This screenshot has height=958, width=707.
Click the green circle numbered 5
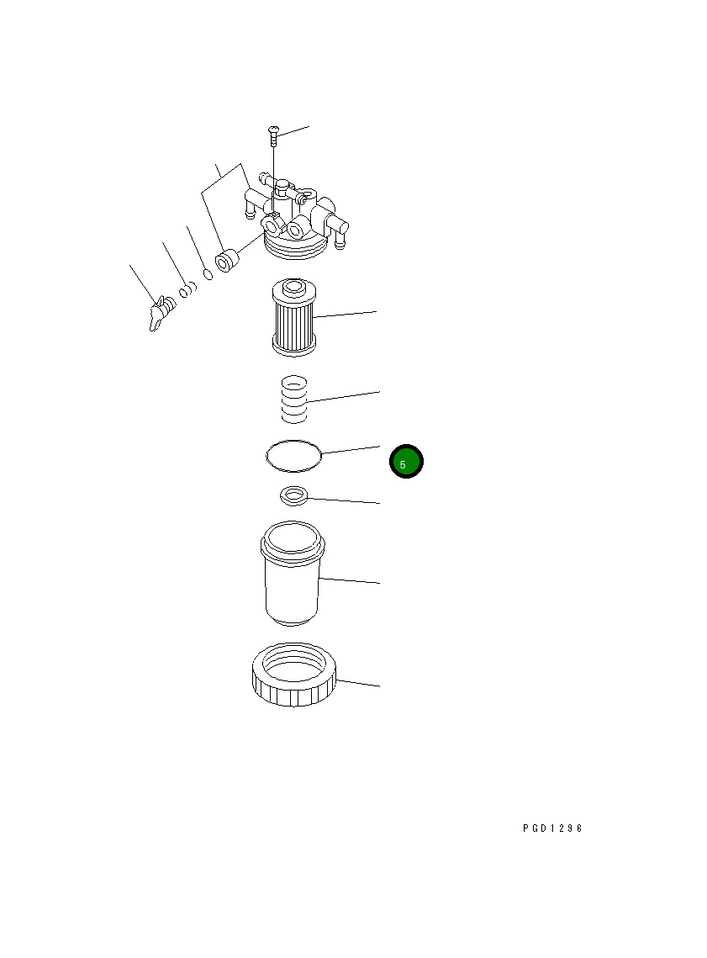click(x=406, y=462)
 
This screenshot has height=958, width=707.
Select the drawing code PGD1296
click(x=551, y=828)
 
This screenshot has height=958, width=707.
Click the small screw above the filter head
click(x=274, y=130)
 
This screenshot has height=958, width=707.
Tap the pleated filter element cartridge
click(x=293, y=317)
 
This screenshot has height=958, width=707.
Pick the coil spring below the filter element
click(x=293, y=399)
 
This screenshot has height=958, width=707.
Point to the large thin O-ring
click(x=293, y=457)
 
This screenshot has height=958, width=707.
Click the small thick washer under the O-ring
click(x=293, y=496)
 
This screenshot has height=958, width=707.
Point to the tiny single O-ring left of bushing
click(x=206, y=273)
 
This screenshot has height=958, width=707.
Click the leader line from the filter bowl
click(x=351, y=580)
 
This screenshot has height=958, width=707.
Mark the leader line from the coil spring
click(x=345, y=397)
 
